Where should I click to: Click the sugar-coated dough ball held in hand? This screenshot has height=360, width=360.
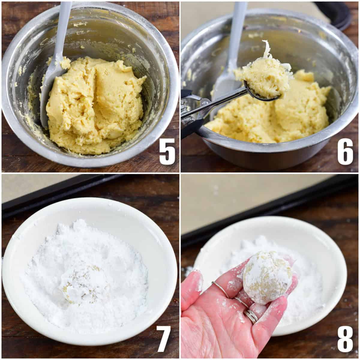click(267, 277)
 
